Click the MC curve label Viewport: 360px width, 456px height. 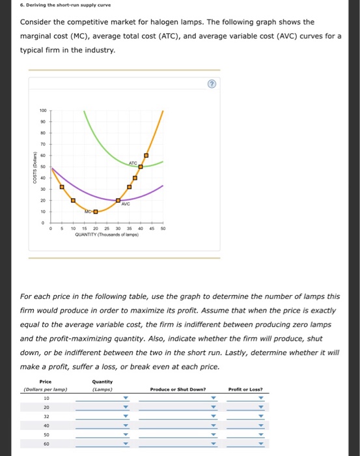(87, 211)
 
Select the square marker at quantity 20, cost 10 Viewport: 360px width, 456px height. (96, 211)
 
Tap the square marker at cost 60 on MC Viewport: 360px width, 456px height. (146, 156)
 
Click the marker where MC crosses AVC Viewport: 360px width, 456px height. (118, 200)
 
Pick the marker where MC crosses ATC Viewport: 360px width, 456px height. (140, 167)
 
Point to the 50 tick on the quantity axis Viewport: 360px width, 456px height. (163, 229)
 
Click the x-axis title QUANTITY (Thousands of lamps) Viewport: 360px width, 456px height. (105, 235)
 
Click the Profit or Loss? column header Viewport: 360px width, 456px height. (245, 389)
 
